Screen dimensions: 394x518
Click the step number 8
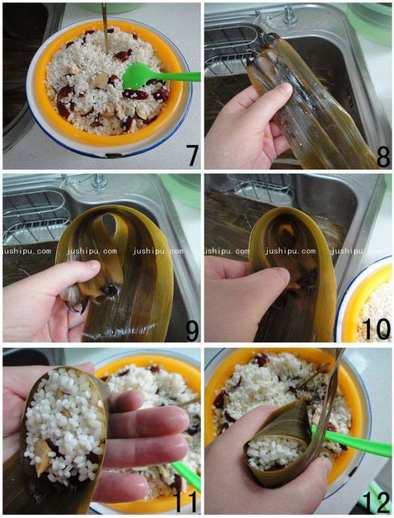(x=383, y=157)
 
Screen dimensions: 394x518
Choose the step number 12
(x=377, y=501)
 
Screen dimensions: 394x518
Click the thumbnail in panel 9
(x=93, y=264)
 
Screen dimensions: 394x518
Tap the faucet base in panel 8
(x=289, y=16)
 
